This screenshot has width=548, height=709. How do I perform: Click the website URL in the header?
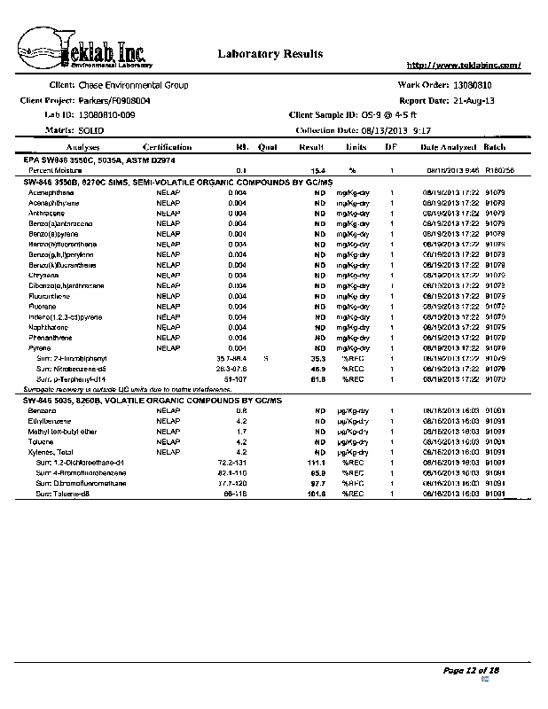click(x=462, y=65)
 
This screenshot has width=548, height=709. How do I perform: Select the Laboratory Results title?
click(x=270, y=54)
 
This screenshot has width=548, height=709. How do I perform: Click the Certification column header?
click(x=167, y=147)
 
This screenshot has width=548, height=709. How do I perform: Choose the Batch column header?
click(x=495, y=147)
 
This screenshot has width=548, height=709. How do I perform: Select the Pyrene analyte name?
click(x=39, y=348)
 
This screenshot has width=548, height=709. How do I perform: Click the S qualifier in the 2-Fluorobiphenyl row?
click(x=266, y=358)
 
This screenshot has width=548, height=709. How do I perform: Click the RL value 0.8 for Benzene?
click(x=240, y=410)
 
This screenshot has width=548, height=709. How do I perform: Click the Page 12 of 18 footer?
click(x=472, y=670)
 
